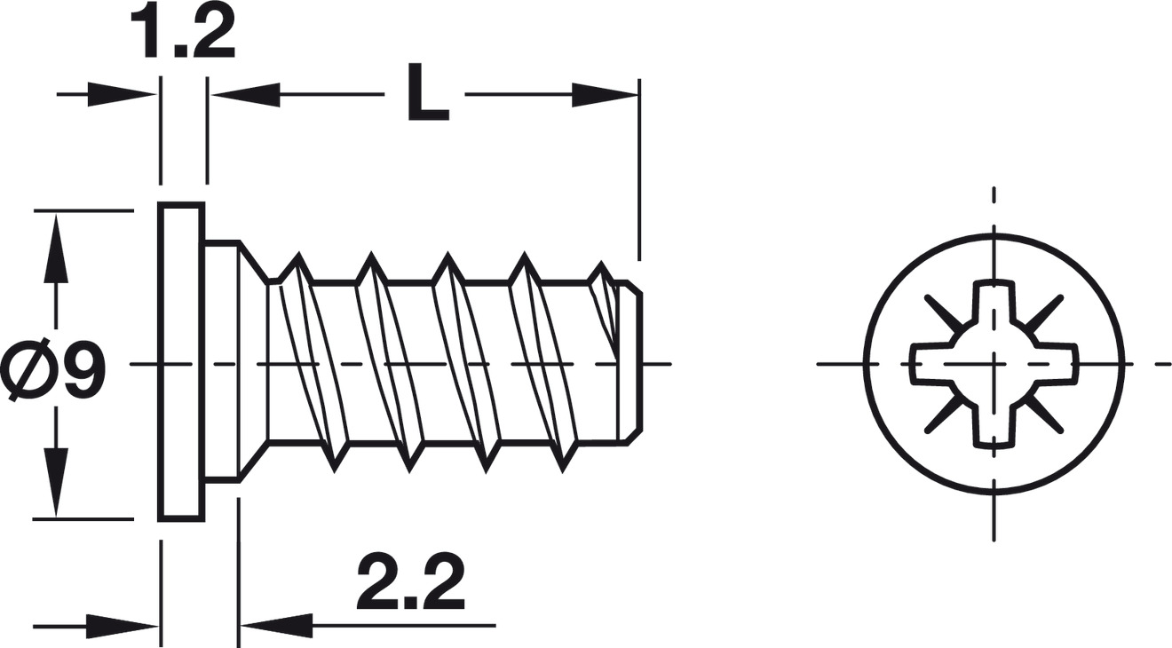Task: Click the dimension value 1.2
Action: [183, 34]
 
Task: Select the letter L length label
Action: [427, 94]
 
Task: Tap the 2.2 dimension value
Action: [411, 583]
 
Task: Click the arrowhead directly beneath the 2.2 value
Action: [275, 626]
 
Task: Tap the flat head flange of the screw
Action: [182, 362]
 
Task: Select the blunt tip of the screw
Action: [632, 362]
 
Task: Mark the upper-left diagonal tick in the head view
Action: [941, 312]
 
